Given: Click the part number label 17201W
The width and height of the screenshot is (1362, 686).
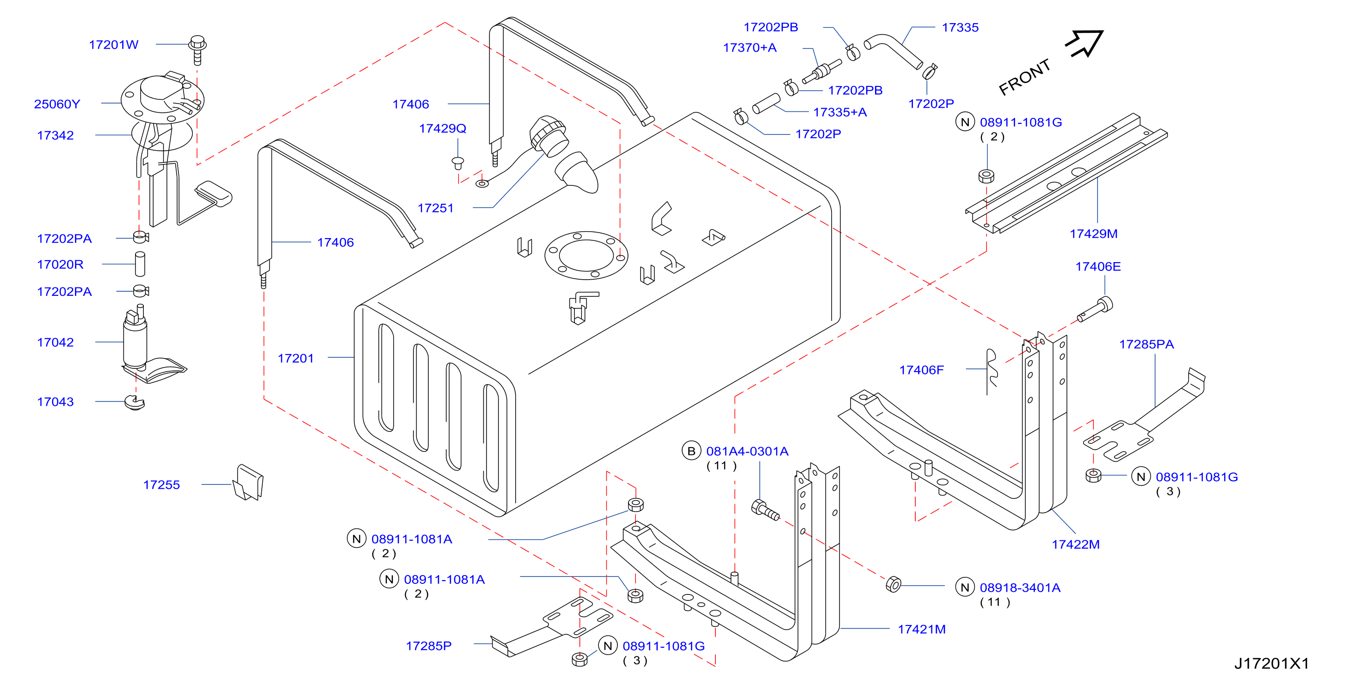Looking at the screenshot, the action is (114, 45).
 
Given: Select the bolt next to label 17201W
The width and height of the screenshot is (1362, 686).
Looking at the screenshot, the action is (197, 49).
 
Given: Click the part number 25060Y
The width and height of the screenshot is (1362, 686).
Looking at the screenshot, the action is (57, 104).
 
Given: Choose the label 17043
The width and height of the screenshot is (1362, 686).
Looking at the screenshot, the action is (55, 402).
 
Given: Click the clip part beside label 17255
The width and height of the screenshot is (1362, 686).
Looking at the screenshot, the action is (248, 482).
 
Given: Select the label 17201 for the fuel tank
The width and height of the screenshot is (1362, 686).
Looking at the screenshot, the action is (296, 358).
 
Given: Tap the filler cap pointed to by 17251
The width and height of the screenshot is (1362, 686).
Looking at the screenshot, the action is (550, 136).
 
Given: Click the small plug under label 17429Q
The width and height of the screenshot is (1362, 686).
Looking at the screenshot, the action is (458, 162).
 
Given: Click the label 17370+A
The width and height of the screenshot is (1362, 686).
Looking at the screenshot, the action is (750, 48).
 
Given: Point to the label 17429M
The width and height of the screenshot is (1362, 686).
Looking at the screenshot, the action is (1093, 233).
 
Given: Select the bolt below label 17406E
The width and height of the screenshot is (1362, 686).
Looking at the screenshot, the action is (1095, 310).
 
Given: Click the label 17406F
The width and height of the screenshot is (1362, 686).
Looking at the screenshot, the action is (922, 370).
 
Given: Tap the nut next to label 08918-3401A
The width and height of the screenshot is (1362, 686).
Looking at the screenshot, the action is (893, 584).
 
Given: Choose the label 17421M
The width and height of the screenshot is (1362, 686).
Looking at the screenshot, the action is (922, 629).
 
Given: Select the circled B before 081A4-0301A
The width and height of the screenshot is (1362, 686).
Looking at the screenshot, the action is (691, 451).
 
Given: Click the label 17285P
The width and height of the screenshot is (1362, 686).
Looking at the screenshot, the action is (429, 646).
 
